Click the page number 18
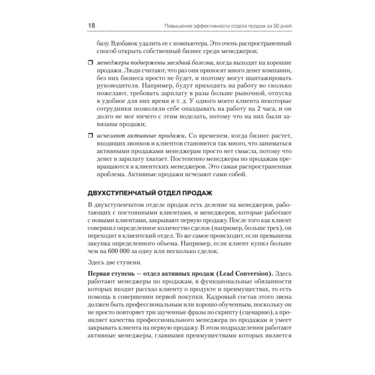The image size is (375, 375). pyautogui.click(x=91, y=25)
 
